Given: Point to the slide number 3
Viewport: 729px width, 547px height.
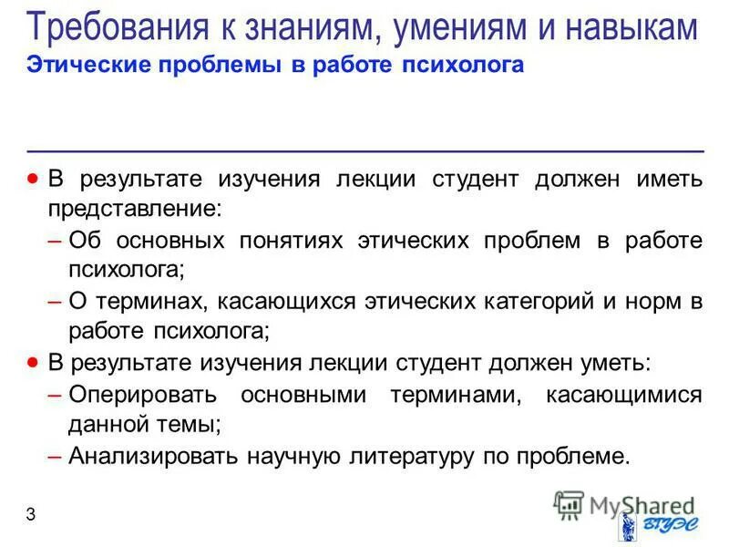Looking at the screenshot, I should tap(31, 515).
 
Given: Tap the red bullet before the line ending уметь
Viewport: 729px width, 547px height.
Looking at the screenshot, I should tap(34, 361).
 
